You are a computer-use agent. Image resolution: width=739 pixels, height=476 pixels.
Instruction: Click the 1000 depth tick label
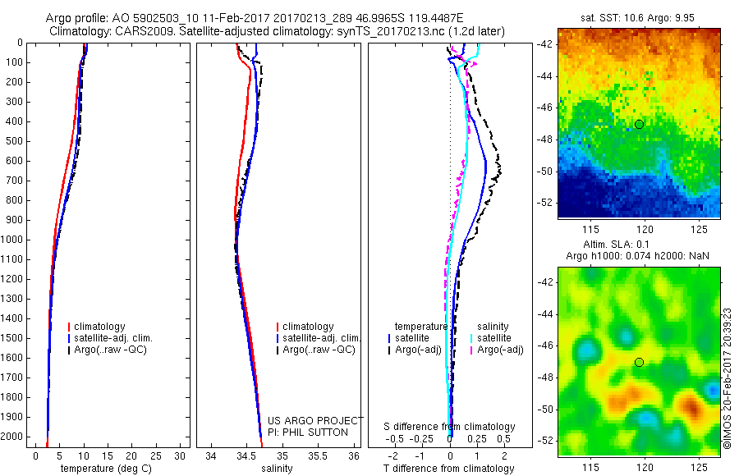coord(13,240)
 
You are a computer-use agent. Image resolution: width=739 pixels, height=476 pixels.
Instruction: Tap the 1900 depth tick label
coord(13,417)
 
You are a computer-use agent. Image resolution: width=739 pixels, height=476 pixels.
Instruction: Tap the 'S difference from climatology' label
coord(449,427)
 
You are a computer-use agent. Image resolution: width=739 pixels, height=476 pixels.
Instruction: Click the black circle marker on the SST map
coord(639,124)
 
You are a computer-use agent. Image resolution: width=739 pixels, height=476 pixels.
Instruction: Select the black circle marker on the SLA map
coord(639,362)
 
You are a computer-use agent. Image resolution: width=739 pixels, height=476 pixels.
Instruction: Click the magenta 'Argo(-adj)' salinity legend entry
coord(500,350)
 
